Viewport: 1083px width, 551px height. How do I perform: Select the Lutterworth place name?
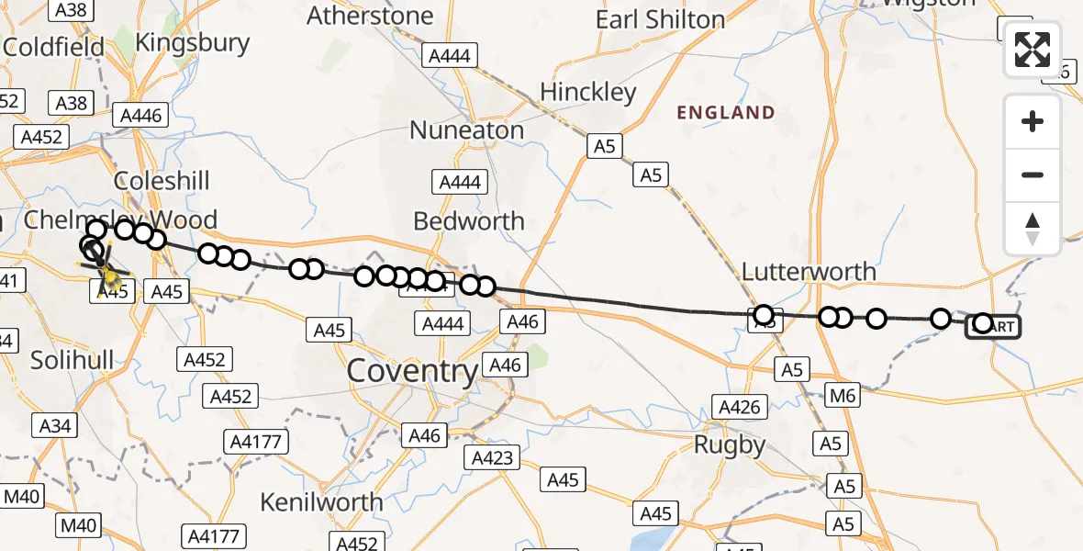coord(809,272)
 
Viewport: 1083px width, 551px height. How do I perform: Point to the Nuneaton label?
coord(466,130)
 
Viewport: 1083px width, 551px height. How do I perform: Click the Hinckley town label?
coord(588,93)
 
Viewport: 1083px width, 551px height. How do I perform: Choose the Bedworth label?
coord(469,221)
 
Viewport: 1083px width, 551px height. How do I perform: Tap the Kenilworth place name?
coord(322,502)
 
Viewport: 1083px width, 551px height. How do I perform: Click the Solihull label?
coord(73,360)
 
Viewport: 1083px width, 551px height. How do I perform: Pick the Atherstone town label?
coord(370,16)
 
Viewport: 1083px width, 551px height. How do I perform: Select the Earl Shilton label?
coord(660,19)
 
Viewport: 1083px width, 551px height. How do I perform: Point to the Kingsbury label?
coord(193,42)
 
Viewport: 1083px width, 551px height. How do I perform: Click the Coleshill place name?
coord(162,180)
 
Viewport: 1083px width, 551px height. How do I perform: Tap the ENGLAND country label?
coord(726,113)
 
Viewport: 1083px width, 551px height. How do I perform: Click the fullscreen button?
coord(1033,49)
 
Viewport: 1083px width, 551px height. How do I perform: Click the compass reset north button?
coord(1033,229)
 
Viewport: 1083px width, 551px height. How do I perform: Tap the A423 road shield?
coord(495,457)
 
